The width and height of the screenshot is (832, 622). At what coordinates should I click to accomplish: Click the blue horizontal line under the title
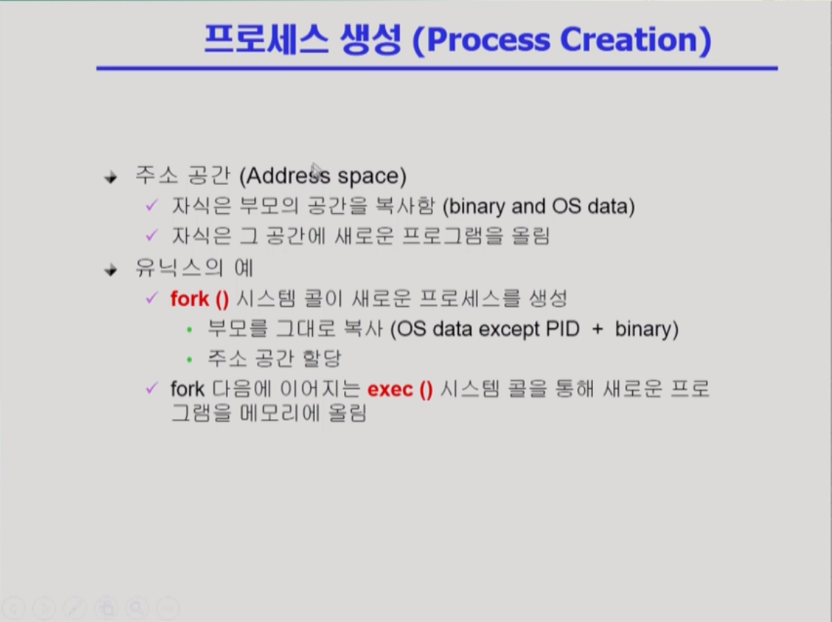[437, 68]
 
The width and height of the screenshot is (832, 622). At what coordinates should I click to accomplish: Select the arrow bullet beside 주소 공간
[111, 177]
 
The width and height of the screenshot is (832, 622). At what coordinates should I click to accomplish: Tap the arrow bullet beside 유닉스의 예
[111, 270]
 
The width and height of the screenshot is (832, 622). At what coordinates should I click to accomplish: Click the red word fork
[190, 299]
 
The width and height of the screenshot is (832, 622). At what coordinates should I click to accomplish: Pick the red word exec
[390, 389]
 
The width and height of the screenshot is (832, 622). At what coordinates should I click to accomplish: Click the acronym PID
[563, 329]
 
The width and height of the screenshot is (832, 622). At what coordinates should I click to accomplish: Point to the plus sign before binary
[597, 330]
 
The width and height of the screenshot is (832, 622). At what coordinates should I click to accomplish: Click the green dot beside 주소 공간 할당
[190, 360]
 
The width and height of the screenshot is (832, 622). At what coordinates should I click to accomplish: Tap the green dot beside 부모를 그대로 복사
[190, 330]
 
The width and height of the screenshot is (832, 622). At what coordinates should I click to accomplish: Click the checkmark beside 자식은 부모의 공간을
[152, 205]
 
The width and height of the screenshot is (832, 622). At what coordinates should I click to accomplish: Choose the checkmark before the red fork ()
[152, 298]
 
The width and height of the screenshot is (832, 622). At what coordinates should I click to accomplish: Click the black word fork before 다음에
[188, 389]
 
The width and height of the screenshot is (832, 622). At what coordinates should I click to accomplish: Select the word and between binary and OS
[529, 206]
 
